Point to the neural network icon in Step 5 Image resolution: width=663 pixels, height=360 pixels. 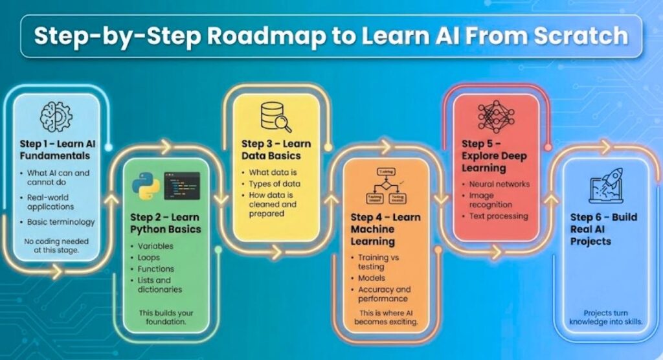(x=495, y=117)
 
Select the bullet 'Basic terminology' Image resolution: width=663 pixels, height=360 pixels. (x=61, y=222)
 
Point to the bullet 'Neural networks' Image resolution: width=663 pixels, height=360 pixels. (x=499, y=185)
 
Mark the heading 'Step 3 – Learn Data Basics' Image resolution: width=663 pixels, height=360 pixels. (x=276, y=150)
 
